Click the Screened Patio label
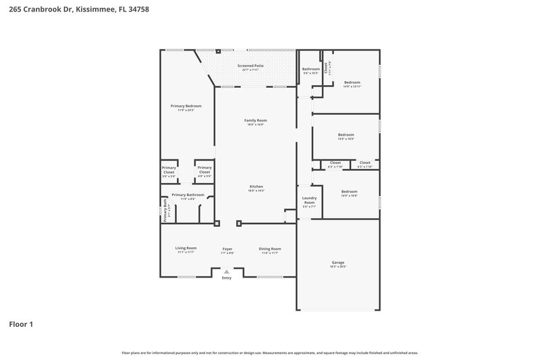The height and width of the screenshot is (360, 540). click(x=250, y=66)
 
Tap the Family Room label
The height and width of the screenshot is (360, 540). click(x=256, y=120)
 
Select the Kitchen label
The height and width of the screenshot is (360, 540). click(x=256, y=186)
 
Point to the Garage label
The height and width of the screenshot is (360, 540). click(x=337, y=262)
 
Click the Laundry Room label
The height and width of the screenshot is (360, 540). click(x=309, y=200)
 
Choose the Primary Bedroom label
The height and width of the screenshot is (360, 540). click(x=186, y=106)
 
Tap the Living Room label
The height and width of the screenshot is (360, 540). click(x=186, y=248)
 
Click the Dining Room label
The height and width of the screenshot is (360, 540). click(x=270, y=249)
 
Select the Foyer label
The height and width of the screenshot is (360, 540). click(x=227, y=249)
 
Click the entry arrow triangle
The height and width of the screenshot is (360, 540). click(x=227, y=272)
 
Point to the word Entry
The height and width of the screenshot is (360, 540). click(x=227, y=278)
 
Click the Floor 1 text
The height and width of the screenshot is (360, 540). click(x=21, y=324)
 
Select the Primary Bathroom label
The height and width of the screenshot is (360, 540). click(x=188, y=195)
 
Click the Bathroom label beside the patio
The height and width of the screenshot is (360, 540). click(x=310, y=69)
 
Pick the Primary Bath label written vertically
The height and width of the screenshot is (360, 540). click(x=165, y=209)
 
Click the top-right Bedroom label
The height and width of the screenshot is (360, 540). click(x=352, y=82)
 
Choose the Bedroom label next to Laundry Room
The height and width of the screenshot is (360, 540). click(x=349, y=191)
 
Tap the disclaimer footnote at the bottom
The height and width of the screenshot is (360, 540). click(x=270, y=353)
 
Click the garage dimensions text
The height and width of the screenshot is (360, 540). click(x=337, y=266)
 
